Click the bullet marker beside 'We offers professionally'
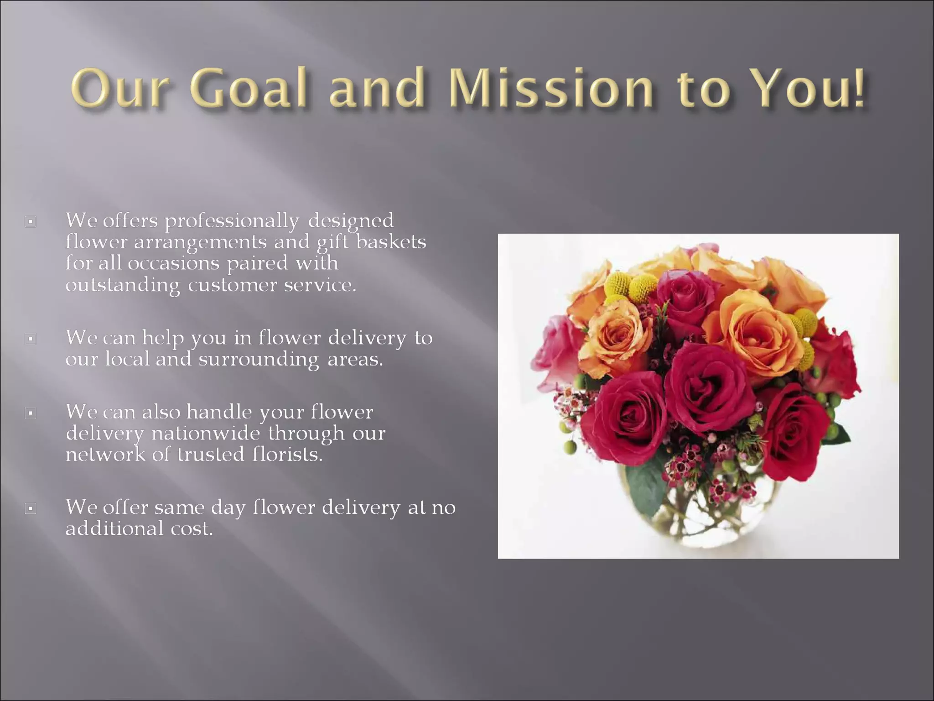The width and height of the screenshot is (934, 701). (x=31, y=222)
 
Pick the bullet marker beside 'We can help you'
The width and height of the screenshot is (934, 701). (x=31, y=339)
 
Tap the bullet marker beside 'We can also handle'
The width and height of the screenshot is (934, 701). (x=31, y=413)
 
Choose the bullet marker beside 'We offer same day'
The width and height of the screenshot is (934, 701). (x=31, y=508)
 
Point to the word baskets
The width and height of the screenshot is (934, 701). (x=391, y=242)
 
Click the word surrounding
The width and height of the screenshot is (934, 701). (x=259, y=360)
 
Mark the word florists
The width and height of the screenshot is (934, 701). (x=287, y=455)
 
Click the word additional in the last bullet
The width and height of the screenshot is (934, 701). (x=114, y=529)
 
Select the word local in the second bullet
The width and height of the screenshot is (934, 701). (x=128, y=359)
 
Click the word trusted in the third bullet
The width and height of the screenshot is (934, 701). (x=211, y=455)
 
